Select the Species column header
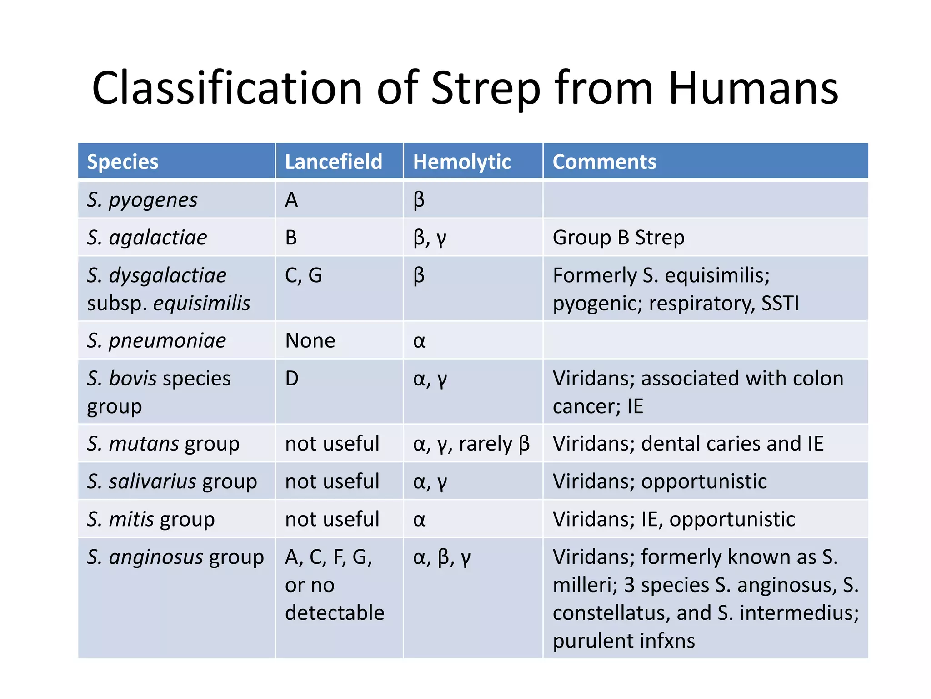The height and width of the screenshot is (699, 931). coord(123,162)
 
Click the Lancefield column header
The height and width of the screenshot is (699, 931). coord(334,162)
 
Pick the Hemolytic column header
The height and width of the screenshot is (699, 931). coord(462,162)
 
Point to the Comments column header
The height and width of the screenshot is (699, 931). coord(604,162)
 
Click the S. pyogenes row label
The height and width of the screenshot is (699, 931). coord(142,200)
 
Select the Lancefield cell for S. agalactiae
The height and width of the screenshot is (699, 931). coord(291,238)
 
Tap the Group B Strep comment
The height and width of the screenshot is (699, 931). coord(618,238)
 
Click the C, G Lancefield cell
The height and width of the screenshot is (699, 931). coord(303,275)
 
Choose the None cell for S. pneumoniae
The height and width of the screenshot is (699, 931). coord(310,340)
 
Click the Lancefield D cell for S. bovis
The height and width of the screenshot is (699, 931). coord(292,378)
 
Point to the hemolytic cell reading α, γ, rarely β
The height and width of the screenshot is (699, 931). coord(471,444)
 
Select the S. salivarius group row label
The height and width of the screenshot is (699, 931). coord(172,481)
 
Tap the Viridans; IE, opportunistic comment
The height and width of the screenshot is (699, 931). coord(674,519)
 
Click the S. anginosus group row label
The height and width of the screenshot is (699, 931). coord(175,557)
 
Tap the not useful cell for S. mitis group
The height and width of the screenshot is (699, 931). coord(332,519)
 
